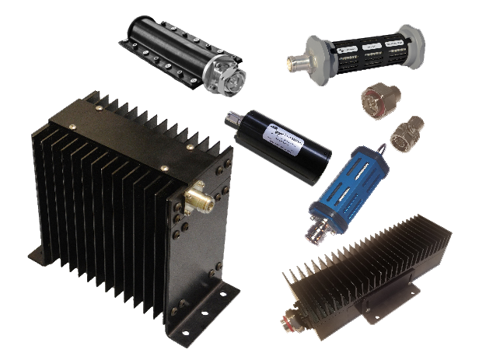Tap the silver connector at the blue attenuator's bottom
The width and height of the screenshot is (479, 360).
322,221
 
